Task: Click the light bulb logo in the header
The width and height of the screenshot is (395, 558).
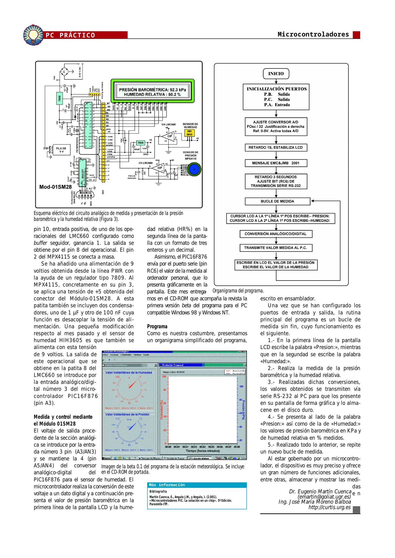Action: [x=33, y=35]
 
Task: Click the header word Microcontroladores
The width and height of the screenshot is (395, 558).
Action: [x=313, y=34]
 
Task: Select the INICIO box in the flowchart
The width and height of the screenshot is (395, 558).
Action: [x=276, y=74]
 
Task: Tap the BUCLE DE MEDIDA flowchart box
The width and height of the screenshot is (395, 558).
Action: [x=277, y=201]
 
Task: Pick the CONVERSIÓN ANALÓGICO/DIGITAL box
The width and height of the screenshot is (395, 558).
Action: [x=276, y=234]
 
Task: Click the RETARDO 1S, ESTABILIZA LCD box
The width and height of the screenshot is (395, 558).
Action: [x=276, y=148]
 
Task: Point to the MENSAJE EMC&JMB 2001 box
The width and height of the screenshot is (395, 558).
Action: [x=276, y=163]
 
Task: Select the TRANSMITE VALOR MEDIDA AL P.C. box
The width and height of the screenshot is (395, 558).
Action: [x=276, y=248]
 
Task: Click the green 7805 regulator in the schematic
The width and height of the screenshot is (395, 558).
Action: [x=60, y=98]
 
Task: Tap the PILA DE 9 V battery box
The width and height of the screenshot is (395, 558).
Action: [x=61, y=150]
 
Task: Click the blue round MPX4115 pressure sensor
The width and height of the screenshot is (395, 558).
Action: [x=194, y=170]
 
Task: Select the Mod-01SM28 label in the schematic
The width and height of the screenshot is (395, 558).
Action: [x=55, y=187]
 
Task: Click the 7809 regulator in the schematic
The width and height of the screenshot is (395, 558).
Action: [x=140, y=143]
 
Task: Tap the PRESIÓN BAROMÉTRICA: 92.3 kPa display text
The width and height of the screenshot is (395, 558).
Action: [x=152, y=90]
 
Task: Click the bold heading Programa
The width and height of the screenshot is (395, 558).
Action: [x=157, y=326]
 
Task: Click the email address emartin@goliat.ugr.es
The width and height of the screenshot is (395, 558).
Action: [x=324, y=497]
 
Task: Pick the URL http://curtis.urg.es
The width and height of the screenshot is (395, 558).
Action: [x=329, y=507]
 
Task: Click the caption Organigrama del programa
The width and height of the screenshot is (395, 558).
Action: [x=238, y=291]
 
